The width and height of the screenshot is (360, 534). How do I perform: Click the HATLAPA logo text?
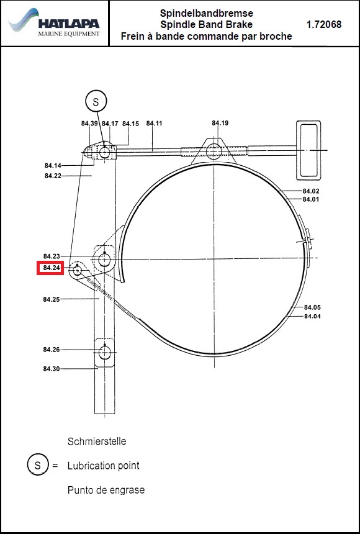[x=69, y=24]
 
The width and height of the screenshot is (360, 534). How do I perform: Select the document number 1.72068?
[x=324, y=24]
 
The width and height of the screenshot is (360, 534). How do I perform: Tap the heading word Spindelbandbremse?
[x=207, y=14]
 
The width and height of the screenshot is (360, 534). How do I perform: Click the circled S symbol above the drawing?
[x=96, y=101]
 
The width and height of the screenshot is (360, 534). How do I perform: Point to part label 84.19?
[x=220, y=123]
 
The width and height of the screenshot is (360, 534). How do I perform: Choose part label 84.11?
[x=155, y=124]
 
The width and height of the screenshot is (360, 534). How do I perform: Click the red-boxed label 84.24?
[x=50, y=268]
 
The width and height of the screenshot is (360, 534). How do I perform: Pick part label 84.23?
[x=52, y=256]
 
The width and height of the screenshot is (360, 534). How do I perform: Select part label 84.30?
[x=52, y=368]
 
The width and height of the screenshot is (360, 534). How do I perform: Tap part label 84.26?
[x=52, y=350]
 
